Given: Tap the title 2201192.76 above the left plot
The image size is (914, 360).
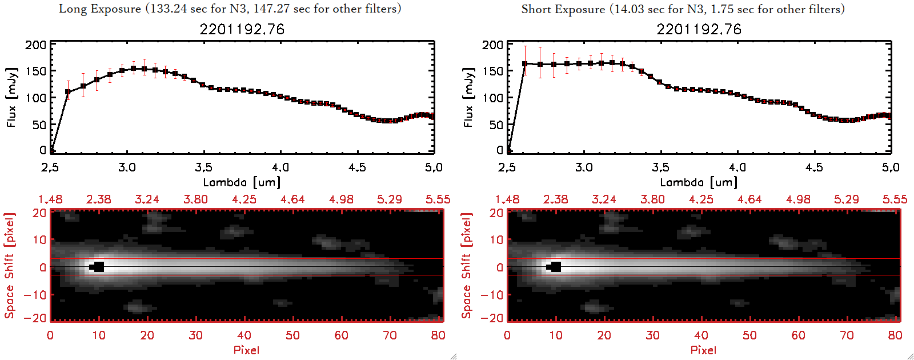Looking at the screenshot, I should pyautogui.click(x=242, y=29).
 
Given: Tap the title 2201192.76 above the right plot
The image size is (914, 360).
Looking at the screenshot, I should pyautogui.click(x=699, y=29).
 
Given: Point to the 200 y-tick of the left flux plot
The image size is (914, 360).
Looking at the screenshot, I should pyautogui.click(x=35, y=45).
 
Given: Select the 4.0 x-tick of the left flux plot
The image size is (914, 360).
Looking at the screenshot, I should pyautogui.click(x=280, y=167).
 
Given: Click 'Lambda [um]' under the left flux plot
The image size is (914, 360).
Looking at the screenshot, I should pyautogui.click(x=242, y=182).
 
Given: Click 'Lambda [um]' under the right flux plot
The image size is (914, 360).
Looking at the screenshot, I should pyautogui.click(x=699, y=182).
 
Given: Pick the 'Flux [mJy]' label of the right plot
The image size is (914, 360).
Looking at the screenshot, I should pyautogui.click(x=468, y=97).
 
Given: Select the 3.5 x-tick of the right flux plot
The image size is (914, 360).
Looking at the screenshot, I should pyautogui.click(x=660, y=167).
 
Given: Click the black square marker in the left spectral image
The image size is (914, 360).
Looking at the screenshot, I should pyautogui.click(x=99, y=267).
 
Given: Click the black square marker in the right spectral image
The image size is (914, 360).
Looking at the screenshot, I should pyautogui.click(x=556, y=267).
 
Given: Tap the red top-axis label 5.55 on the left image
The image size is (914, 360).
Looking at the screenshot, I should pyautogui.click(x=438, y=199).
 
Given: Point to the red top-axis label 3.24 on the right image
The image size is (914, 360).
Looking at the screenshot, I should pyautogui.click(x=604, y=199).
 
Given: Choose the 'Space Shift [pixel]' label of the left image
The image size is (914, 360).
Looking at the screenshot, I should pyautogui.click(x=10, y=266).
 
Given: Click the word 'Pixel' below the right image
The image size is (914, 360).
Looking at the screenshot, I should pyautogui.click(x=703, y=350).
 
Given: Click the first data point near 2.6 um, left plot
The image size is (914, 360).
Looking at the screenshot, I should pyautogui.click(x=68, y=91).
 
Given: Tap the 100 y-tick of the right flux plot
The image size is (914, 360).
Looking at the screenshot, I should pyautogui.click(x=492, y=98).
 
